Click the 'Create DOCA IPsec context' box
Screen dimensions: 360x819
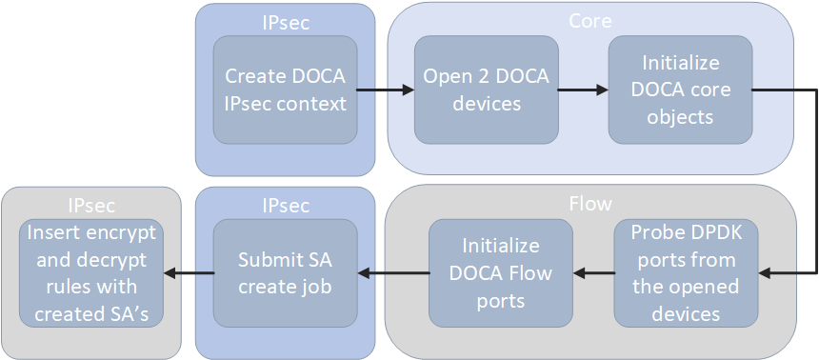pos(285,90)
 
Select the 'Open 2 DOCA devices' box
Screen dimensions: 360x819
pos(486,90)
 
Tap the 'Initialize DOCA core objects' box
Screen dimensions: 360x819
pos(680,90)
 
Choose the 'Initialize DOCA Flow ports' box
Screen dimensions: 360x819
pos(500,273)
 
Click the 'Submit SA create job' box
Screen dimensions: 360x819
pos(285,273)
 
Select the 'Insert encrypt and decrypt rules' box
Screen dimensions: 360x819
pos(90,273)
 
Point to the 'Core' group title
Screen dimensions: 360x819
pos(589,20)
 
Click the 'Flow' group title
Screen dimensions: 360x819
pos(589,204)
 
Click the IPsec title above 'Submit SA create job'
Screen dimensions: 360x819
pos(285,205)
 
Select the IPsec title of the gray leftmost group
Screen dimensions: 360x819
pos(91,205)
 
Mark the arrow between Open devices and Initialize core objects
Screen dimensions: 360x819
pos(584,90)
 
